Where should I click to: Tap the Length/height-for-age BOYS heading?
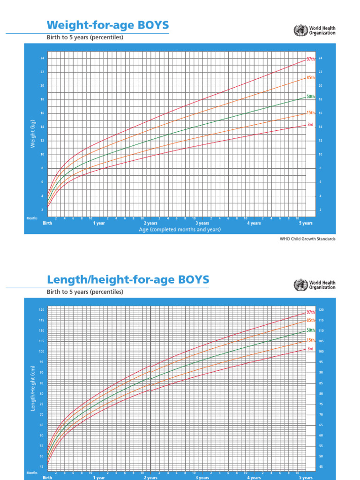(x=128, y=280)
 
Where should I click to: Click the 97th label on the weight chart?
(x=310, y=60)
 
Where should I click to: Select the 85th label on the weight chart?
(x=310, y=77)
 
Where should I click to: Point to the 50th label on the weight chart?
(x=310, y=97)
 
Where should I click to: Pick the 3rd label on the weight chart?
(x=310, y=125)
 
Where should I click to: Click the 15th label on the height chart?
(x=310, y=340)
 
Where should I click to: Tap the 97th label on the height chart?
(x=310, y=312)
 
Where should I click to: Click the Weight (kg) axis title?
(x=33, y=133)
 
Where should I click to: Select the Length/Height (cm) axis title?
(x=33, y=389)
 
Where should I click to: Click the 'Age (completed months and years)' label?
(x=180, y=230)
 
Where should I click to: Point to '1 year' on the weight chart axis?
(x=99, y=223)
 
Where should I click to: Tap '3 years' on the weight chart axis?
(x=202, y=223)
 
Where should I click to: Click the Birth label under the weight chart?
(x=47, y=223)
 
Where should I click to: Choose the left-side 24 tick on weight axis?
(x=42, y=58)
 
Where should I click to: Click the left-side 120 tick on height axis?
(x=41, y=310)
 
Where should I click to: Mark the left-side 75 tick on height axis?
(x=41, y=404)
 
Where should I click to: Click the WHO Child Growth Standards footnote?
(x=307, y=239)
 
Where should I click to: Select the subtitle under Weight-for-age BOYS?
(x=85, y=37)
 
